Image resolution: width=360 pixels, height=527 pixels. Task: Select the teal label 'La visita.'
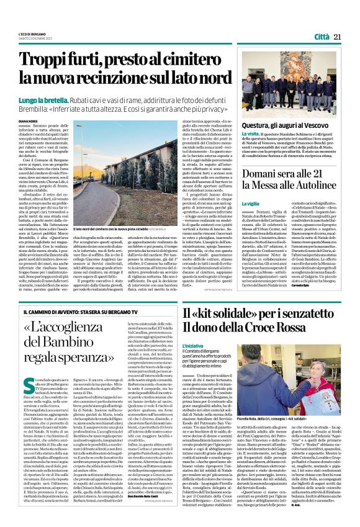251,133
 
